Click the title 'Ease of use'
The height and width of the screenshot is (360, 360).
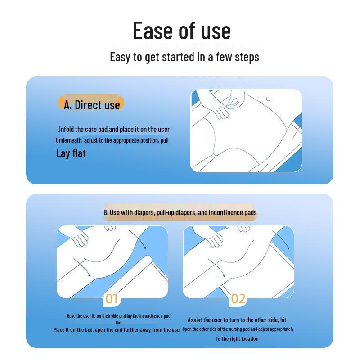point(182,31)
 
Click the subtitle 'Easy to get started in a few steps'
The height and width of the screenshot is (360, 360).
point(184,57)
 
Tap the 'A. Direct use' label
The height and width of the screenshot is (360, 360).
point(92,105)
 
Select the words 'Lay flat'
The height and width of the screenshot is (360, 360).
point(71,153)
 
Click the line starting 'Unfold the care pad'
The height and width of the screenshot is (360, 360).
point(113,130)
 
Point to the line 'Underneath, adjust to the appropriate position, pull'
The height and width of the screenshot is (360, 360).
point(112,140)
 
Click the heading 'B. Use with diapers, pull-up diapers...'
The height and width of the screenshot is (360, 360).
point(180,212)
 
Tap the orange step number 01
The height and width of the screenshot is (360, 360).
point(112,299)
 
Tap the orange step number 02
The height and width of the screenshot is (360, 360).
point(238,299)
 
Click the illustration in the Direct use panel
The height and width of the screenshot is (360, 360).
point(246,130)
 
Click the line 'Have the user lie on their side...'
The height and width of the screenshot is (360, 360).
point(119,316)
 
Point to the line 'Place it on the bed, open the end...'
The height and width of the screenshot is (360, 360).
point(117,330)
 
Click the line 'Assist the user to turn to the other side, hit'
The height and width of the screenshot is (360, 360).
point(237,320)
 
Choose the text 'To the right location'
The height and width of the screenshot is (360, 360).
point(237,339)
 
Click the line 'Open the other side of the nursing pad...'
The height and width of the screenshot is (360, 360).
point(238,329)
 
